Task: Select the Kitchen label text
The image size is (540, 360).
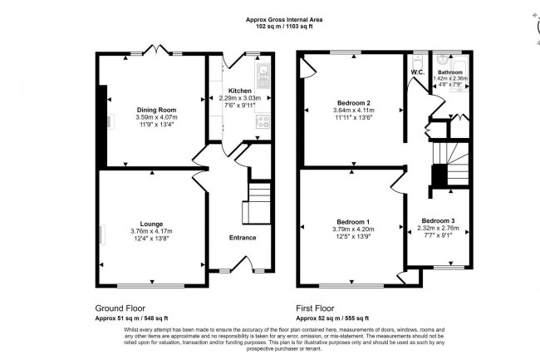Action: [x=240, y=90]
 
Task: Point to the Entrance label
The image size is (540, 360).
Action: [x=243, y=238]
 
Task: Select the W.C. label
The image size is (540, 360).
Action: [x=417, y=72]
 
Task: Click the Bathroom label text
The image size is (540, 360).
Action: [x=453, y=72]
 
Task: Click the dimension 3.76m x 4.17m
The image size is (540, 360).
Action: [x=151, y=231]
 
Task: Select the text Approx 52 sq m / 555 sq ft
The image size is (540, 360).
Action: [x=336, y=317]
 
